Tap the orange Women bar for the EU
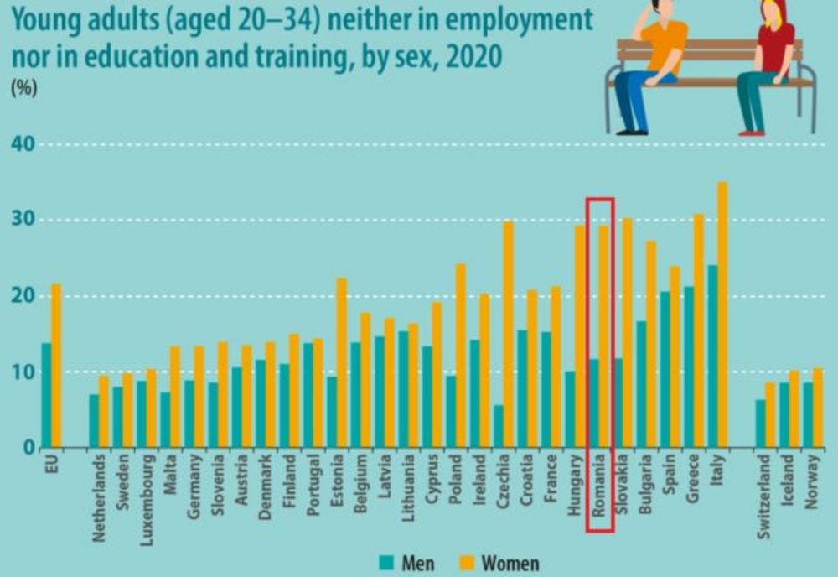point(56,366)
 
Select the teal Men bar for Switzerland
point(760,423)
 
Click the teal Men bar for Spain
point(665,369)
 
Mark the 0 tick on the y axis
point(28,447)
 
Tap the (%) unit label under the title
point(23,90)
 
